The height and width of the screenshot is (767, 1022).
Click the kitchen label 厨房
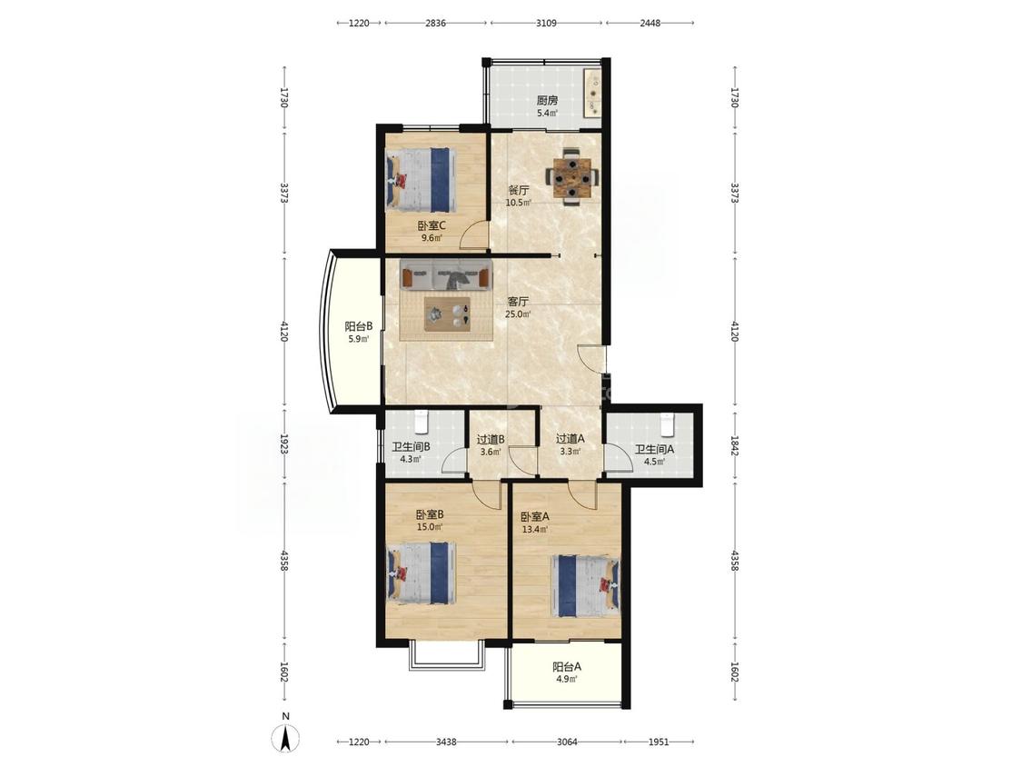(x=547, y=101)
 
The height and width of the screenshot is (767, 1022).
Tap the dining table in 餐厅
(x=571, y=176)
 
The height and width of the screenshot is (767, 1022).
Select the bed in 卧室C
(x=421, y=179)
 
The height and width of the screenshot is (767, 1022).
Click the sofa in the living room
(x=446, y=274)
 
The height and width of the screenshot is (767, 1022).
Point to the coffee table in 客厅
(x=447, y=314)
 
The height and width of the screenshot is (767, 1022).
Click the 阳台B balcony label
(x=358, y=325)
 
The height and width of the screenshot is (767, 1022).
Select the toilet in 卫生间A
(x=666, y=423)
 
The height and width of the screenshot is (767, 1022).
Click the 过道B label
(x=491, y=440)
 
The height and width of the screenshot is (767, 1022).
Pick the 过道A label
(x=570, y=439)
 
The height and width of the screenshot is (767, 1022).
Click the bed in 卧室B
(x=421, y=573)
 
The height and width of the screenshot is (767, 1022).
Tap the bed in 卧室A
(x=585, y=585)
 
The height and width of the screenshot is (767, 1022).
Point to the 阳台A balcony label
(x=566, y=667)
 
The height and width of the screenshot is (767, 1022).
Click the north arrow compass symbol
(x=285, y=738)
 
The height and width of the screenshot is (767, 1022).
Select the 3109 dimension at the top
(x=546, y=23)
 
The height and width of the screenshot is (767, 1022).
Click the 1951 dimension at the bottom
(x=659, y=742)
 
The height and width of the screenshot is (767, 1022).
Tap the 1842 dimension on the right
(x=735, y=446)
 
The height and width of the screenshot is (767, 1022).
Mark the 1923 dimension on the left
(x=284, y=446)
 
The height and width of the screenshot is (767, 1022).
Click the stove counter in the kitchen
(x=592, y=94)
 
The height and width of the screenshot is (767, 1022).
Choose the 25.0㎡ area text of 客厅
(x=518, y=314)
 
